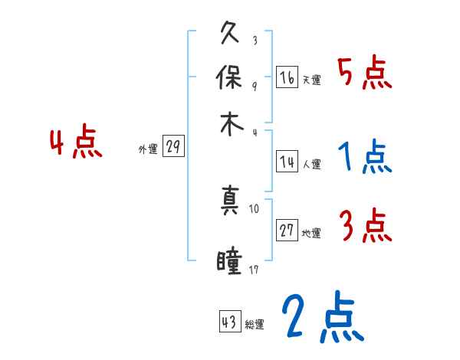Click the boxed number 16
[287, 77]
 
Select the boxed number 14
[287, 162]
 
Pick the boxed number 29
[173, 147]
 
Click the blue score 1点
[364, 158]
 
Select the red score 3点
[364, 227]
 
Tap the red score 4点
[76, 143]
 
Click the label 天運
[311, 80]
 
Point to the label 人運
[311, 164]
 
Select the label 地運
[311, 234]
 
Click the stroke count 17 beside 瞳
[255, 270]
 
